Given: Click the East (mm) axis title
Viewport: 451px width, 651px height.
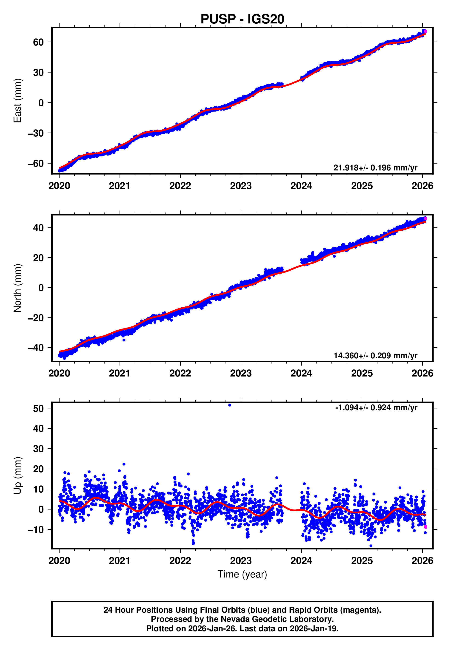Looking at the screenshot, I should (17, 101).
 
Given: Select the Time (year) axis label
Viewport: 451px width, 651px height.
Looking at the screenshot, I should (242, 574).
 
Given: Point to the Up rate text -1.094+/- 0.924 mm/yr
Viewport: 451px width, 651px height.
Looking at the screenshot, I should (376, 408).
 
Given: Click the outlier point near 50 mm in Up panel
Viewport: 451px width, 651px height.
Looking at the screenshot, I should (230, 405).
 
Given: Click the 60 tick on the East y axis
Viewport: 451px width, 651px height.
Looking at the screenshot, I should (38, 42).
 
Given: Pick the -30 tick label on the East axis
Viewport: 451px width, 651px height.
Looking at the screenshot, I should (36, 133).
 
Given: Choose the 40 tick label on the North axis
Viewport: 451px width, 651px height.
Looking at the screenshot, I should (38, 228).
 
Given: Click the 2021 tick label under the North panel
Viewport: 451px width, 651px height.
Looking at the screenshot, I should (120, 373).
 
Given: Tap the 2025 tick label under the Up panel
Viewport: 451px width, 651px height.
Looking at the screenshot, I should (362, 560).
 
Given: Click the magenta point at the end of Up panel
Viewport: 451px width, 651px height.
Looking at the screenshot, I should (425, 527).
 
